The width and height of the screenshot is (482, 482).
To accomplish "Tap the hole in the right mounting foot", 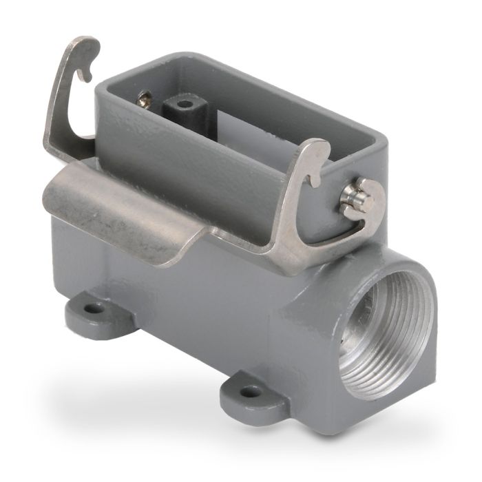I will [x=250, y=391].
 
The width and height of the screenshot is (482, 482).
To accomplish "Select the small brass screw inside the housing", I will [x=145, y=99].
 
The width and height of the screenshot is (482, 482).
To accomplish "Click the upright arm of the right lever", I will [x=293, y=207].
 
